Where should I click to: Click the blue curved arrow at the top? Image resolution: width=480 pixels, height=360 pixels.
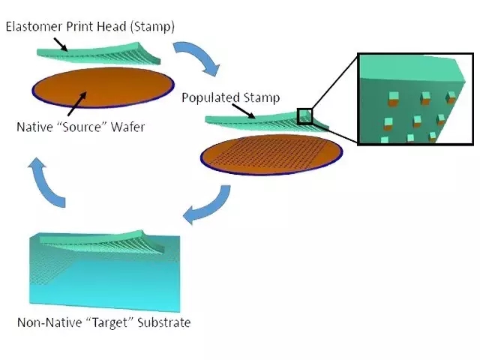tap(199, 57)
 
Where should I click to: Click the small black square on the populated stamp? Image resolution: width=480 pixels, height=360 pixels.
tap(305, 116)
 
